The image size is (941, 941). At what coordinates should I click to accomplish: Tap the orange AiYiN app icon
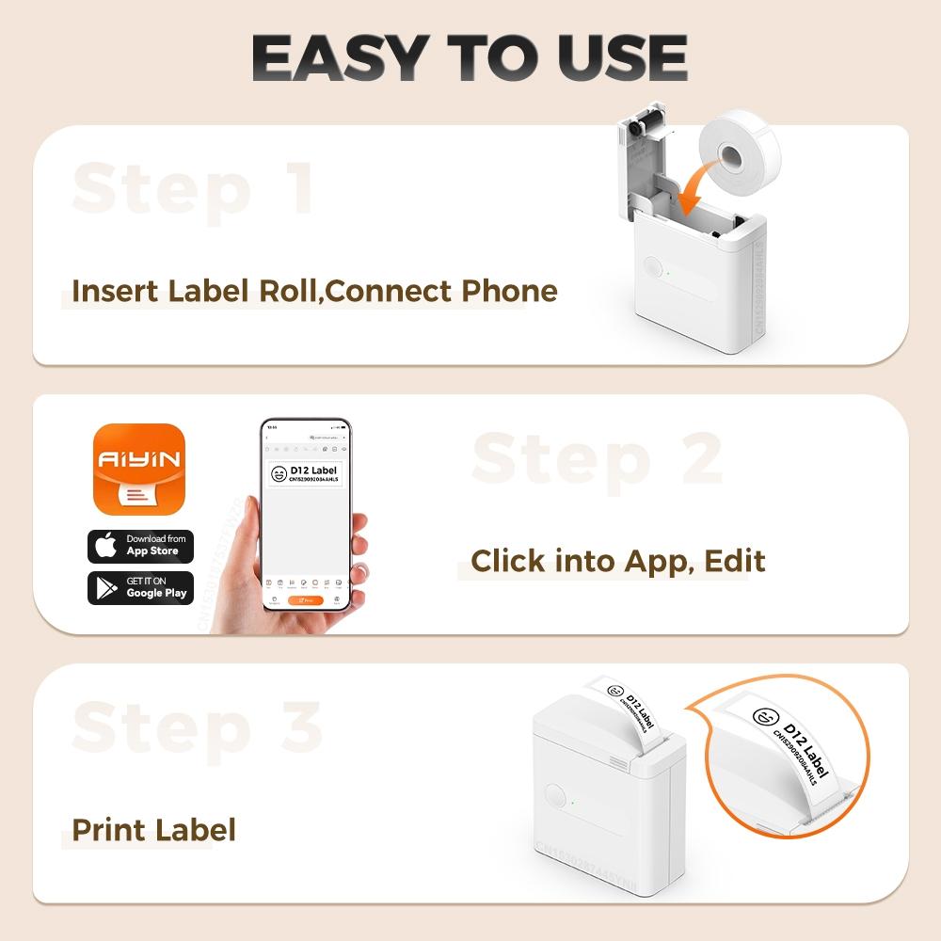(x=138, y=469)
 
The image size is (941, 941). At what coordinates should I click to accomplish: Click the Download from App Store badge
(x=140, y=546)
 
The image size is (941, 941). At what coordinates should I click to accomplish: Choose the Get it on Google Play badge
(x=140, y=588)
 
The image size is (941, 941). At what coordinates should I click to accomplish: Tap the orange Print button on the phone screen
(x=305, y=599)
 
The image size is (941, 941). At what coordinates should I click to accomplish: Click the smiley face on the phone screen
(x=279, y=473)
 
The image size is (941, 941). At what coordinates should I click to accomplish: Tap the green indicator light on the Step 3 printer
(x=572, y=803)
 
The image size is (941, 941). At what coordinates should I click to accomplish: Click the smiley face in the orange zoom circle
(x=764, y=716)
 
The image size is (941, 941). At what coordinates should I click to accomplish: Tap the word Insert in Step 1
(x=116, y=291)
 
